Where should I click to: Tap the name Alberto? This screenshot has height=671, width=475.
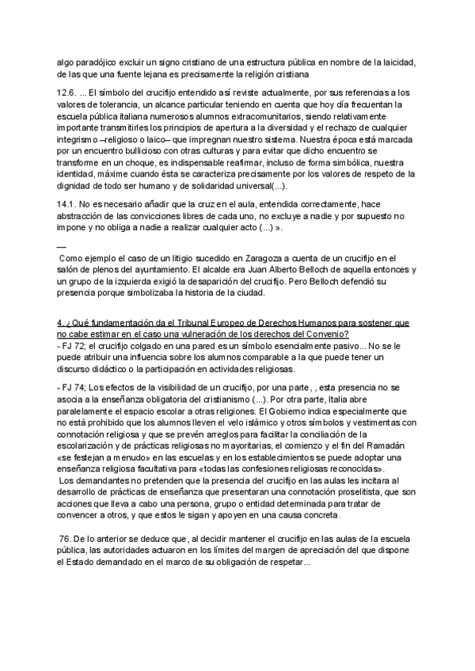point(287,270)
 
